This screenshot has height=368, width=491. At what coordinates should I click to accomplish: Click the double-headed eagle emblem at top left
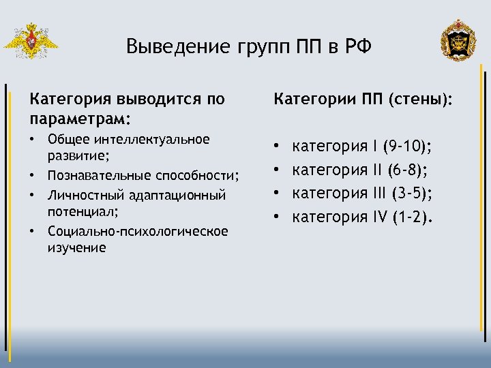click(x=30, y=42)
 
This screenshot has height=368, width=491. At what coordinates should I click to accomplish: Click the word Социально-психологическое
click(x=138, y=231)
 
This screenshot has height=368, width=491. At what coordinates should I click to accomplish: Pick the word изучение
click(x=76, y=247)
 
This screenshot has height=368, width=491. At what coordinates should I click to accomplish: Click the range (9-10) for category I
click(x=408, y=146)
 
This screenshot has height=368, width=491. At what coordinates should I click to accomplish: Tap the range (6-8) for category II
click(x=404, y=170)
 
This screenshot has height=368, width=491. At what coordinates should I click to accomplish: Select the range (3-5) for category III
click(x=408, y=194)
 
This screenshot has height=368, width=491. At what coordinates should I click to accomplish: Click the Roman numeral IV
click(x=378, y=217)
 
